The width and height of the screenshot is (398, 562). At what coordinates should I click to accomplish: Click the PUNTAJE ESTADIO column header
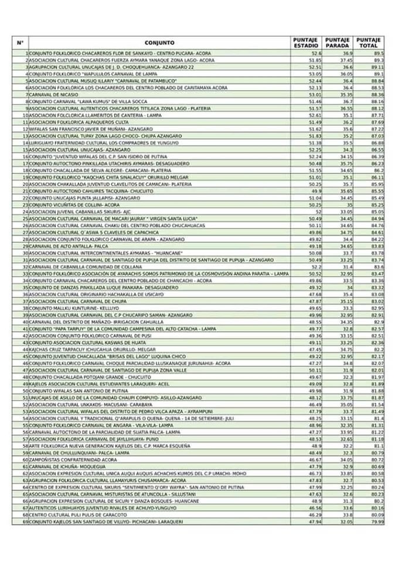[305, 43]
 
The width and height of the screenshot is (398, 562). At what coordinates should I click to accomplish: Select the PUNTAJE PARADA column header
[337, 43]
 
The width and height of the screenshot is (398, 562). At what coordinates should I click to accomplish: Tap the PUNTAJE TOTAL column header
[369, 43]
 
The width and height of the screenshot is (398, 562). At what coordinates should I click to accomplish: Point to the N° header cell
[20, 43]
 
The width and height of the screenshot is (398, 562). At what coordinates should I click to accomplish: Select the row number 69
[25, 521]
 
